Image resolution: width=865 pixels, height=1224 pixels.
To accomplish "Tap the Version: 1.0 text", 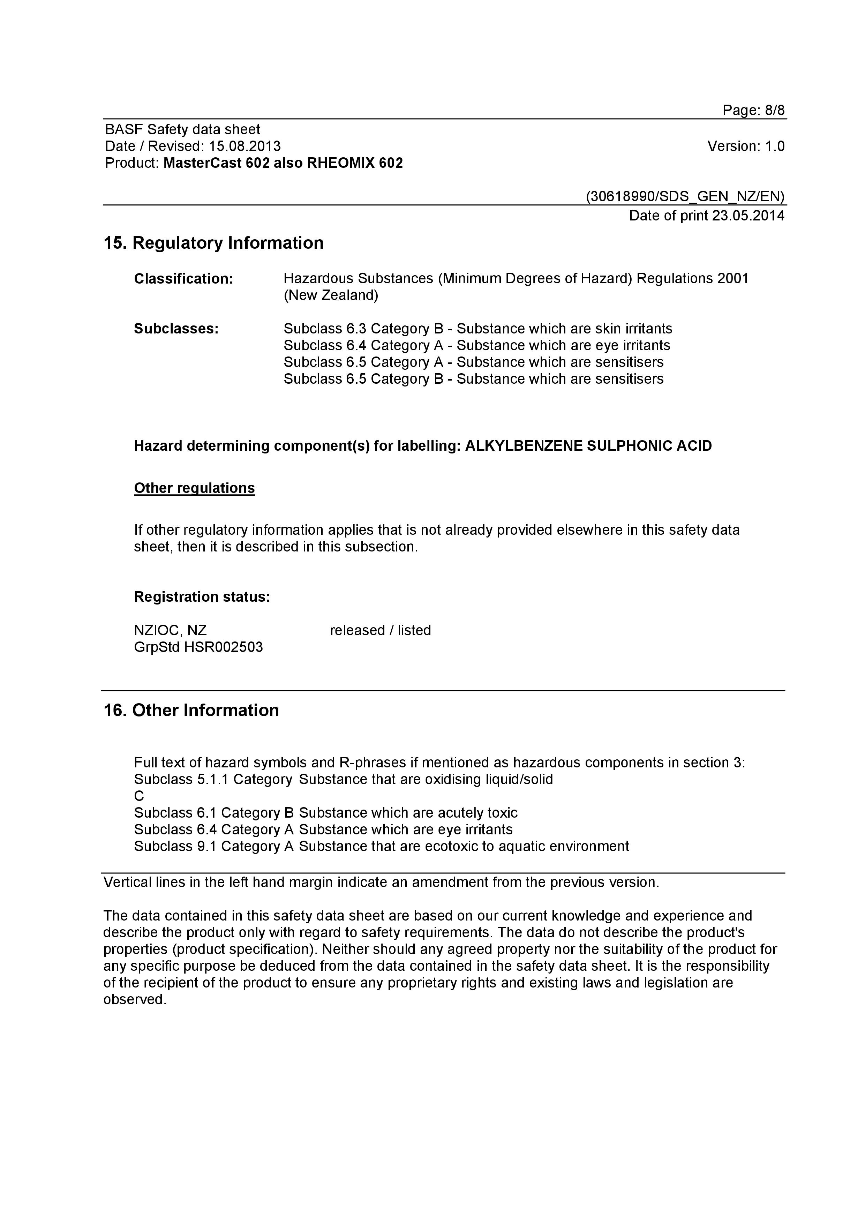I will (746, 146).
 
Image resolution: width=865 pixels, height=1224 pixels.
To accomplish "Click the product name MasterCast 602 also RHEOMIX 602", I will (283, 163).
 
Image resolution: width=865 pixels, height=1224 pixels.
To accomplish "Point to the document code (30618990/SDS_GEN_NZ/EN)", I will (685, 197).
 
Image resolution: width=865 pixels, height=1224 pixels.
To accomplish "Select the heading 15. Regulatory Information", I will (213, 243).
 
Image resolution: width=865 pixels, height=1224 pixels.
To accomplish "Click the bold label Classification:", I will (183, 279).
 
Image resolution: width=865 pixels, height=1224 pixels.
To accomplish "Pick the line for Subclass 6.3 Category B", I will (477, 329).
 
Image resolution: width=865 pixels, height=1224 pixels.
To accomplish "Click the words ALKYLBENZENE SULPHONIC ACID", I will (588, 446).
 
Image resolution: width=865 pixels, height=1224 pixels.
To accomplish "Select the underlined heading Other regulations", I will (194, 488).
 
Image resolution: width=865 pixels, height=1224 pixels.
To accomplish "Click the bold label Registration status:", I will (202, 597).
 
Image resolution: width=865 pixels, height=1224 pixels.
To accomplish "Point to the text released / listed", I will (380, 631).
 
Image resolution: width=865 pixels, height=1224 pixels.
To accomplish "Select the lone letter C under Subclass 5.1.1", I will (139, 796).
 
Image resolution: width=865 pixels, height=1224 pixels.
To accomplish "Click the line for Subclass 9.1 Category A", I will (381, 847).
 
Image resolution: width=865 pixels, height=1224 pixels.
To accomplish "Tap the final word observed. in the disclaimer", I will (135, 1000).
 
